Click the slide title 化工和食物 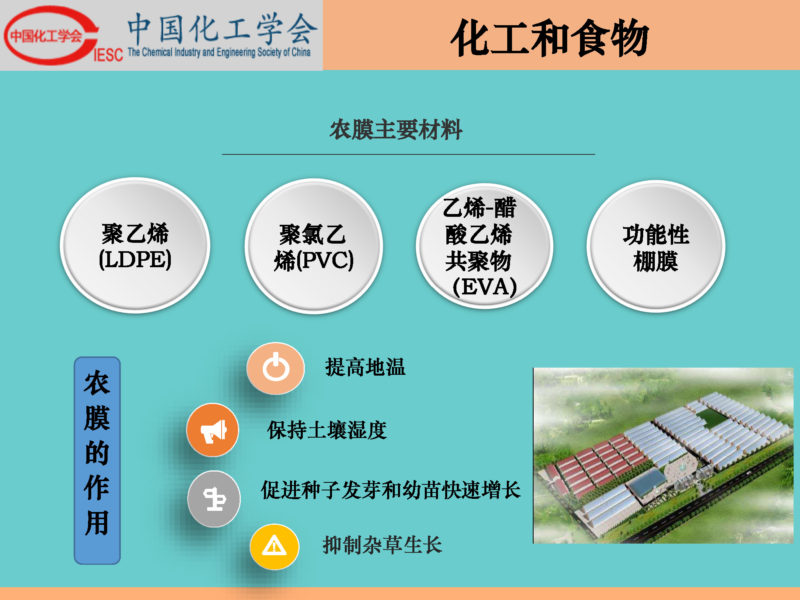(x=550, y=38)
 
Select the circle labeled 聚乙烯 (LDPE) (x=135, y=245)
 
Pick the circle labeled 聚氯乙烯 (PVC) (x=314, y=246)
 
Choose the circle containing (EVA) (x=484, y=246)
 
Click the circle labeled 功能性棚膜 (x=656, y=246)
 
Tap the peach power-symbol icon (x=276, y=368)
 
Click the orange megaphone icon (x=213, y=430)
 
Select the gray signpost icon (x=214, y=499)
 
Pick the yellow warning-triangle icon (x=274, y=546)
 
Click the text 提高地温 (x=365, y=367)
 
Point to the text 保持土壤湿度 (x=327, y=430)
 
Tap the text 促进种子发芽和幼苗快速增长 (x=391, y=490)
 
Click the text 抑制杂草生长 (x=382, y=545)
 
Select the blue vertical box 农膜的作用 (x=97, y=460)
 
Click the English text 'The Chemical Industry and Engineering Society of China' (x=219, y=52)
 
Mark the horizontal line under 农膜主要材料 (x=408, y=154)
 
